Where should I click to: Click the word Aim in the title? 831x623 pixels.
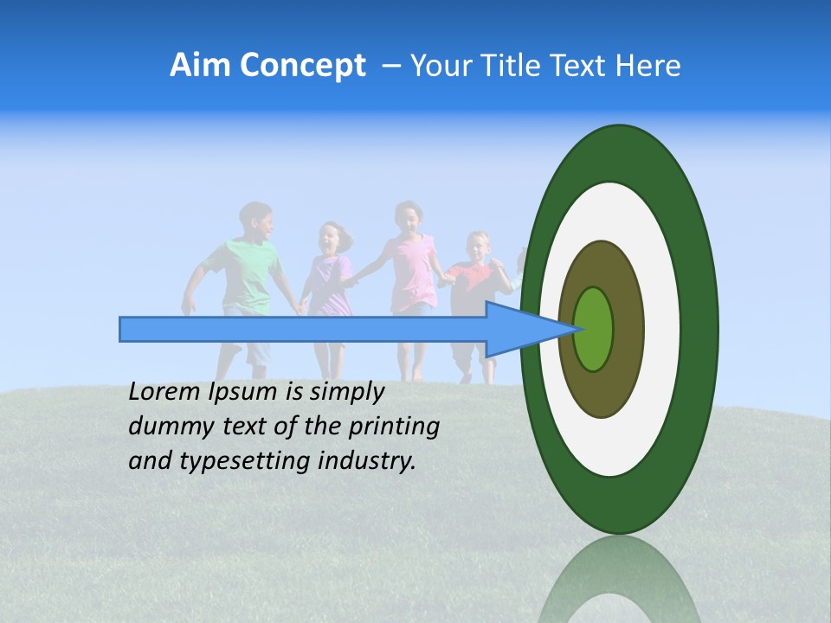[x=200, y=66]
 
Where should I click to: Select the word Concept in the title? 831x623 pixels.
[x=304, y=66]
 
